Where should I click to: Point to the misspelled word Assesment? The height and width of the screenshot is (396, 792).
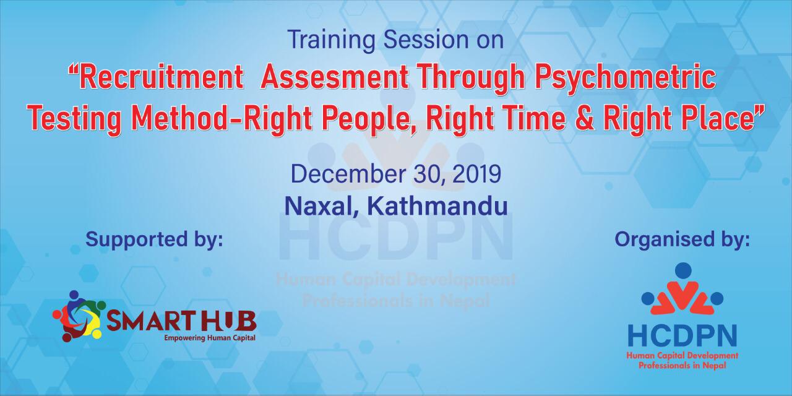tap(334, 78)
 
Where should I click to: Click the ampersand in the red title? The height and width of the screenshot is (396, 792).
tap(585, 118)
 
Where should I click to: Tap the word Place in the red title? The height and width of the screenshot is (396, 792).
tap(715, 117)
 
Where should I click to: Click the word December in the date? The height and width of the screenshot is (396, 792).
tap(348, 174)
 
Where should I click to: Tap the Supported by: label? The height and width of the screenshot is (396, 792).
tap(154, 240)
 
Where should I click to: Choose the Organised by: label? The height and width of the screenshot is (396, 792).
tap(682, 240)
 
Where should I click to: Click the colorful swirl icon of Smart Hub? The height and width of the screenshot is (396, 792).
tap(79, 316)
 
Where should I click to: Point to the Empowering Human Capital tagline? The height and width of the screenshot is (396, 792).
tap(210, 338)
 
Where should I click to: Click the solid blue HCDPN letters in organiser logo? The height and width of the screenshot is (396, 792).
tap(682, 336)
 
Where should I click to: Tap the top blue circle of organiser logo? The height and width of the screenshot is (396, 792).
tap(683, 270)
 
